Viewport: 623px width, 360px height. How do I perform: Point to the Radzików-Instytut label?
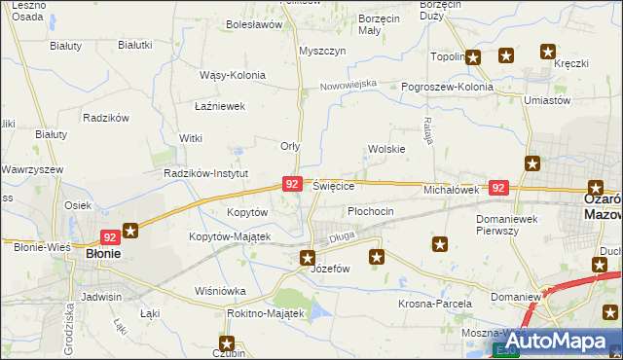click(x=207, y=173)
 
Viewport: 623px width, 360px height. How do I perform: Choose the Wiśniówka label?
click(x=220, y=291)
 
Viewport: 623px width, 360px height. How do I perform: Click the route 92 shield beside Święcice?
click(x=292, y=183)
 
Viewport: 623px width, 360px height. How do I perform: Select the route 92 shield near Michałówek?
click(x=498, y=188)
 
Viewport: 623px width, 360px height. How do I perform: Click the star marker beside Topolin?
click(x=473, y=57)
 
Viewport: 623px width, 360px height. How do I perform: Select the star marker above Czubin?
click(x=227, y=342)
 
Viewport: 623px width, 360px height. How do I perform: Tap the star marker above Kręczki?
click(x=547, y=53)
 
